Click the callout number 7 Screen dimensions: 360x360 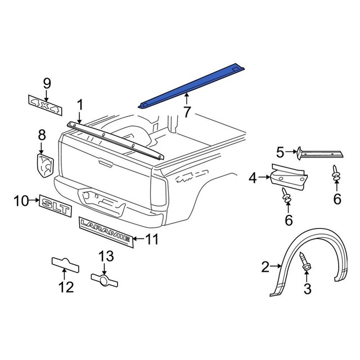coord(187,112)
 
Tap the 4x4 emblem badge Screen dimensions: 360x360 coord(45,103)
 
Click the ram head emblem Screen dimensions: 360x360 coord(45,163)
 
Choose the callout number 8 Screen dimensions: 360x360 coord(42,135)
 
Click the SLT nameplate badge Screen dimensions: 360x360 coord(56,208)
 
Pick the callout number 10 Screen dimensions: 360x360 coord(20,200)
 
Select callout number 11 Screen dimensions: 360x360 coord(152,240)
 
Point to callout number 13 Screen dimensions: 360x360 coord(66,287)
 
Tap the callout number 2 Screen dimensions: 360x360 coord(266,266)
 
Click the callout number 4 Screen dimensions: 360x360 coord(253,178)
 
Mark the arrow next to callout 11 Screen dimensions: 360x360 coord(138,240)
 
